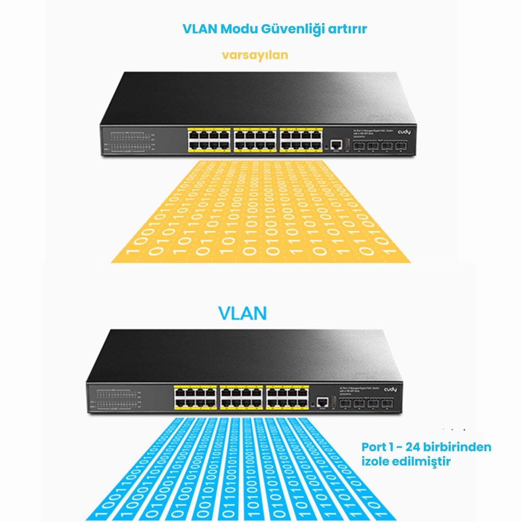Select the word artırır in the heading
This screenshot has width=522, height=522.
(347, 29)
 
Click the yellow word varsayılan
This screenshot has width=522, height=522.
(255, 55)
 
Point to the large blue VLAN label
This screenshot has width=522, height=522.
(242, 313)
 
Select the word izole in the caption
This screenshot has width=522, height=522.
(375, 461)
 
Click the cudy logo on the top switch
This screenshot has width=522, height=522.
(404, 132)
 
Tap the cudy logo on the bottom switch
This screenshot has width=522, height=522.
(390, 389)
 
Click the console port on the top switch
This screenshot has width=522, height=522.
(336, 145)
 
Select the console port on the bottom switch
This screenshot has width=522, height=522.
(322, 402)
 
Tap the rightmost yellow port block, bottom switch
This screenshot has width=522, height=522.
(287, 397)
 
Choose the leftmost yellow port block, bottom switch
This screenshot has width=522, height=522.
(195, 397)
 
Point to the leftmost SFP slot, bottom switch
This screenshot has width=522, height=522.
(345, 403)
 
